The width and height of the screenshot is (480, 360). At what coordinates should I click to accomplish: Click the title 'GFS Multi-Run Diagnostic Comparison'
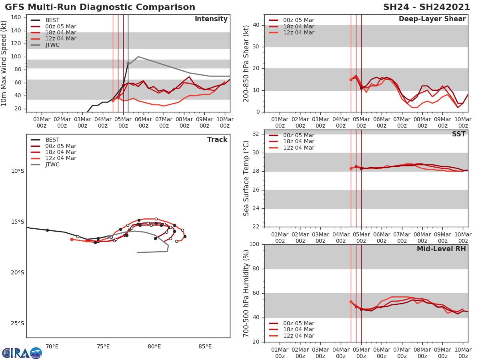click(100, 7)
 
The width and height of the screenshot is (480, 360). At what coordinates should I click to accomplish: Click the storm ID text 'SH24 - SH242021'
click(426, 7)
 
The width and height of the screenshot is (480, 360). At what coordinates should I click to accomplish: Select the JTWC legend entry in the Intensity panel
click(52, 45)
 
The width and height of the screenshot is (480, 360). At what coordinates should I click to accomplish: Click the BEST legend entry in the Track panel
click(52, 140)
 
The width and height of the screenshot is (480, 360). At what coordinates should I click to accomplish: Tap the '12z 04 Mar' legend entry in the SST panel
click(298, 148)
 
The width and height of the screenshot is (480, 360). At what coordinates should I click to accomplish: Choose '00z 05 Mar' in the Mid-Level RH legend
click(298, 323)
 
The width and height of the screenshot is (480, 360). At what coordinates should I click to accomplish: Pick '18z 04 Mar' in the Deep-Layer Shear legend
click(298, 26)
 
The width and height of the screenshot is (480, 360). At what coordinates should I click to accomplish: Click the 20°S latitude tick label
click(17, 273)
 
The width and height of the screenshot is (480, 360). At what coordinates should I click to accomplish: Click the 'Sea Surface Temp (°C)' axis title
click(246, 178)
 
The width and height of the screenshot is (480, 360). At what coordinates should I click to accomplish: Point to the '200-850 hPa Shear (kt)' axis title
click(246, 63)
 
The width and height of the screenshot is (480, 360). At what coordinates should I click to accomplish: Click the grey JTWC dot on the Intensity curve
click(128, 63)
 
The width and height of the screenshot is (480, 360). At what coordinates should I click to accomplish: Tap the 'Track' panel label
click(217, 140)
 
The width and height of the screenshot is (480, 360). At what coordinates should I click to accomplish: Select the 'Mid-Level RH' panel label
click(441, 249)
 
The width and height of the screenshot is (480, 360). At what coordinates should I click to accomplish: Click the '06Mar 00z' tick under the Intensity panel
click(143, 122)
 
